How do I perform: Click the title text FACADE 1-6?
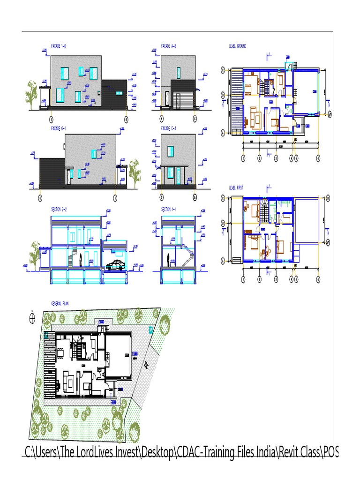(58, 46)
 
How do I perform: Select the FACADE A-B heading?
(169, 46)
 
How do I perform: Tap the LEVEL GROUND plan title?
(238, 46)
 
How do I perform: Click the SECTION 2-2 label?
(59, 209)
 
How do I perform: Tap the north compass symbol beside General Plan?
(32, 318)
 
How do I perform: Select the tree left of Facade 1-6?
(31, 92)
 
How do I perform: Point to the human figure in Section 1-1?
(167, 258)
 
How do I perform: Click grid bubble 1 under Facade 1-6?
(51, 119)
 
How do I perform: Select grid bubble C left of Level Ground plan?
(223, 70)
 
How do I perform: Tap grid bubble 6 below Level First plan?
(318, 279)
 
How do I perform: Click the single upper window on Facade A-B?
(179, 73)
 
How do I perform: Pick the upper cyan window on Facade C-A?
(171, 151)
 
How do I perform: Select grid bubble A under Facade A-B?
(162, 119)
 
